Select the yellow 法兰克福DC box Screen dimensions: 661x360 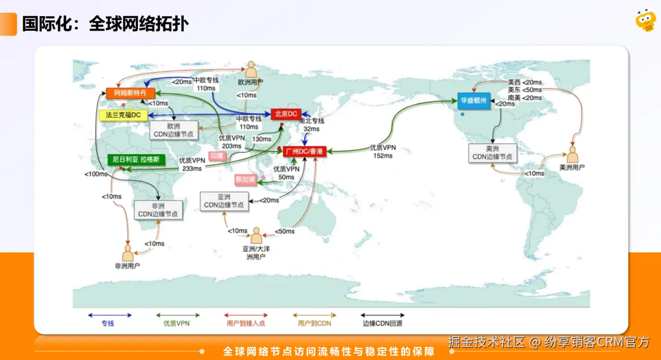123,115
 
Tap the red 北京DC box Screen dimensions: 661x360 286,113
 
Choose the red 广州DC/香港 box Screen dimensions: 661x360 304,151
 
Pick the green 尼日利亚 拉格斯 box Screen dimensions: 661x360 136,159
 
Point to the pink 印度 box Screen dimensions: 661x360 218,156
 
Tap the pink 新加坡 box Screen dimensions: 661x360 245,180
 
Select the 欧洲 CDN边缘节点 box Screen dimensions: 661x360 174,130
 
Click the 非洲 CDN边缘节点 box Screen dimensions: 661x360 158,209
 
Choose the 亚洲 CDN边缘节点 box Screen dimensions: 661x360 224,201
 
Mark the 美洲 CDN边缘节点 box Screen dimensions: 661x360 492,153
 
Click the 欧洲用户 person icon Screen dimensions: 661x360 251,69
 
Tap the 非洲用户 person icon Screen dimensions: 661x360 128,253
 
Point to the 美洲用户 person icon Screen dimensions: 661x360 572,154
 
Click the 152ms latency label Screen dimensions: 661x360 383,155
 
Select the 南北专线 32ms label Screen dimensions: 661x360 311,125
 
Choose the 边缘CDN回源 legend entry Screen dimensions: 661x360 382,319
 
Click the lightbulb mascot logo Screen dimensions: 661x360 645,20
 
